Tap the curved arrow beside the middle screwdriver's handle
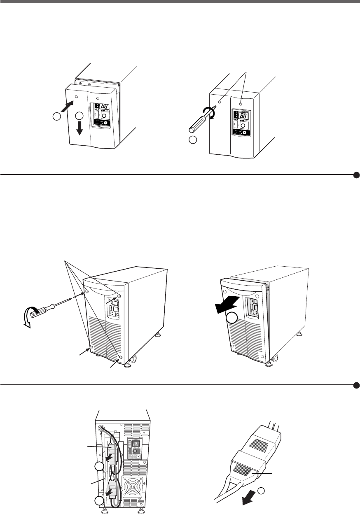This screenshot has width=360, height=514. point(28,317)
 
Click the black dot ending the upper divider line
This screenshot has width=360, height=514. point(356,174)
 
